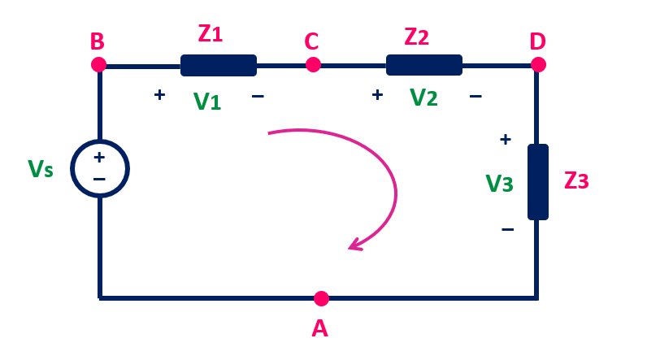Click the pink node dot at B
[x=98, y=64]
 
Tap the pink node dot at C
[x=313, y=64]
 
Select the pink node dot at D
[x=537, y=64]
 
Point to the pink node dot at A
[x=321, y=298]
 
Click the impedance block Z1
[x=218, y=65]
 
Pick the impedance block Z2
[x=423, y=65]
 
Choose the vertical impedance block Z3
[x=537, y=182]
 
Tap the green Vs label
[x=41, y=169]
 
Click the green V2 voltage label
[x=423, y=98]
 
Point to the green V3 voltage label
[x=499, y=184]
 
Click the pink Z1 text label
[x=210, y=34]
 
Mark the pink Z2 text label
[x=416, y=35]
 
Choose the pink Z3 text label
[x=575, y=180]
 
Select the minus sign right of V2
[x=475, y=96]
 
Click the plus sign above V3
[x=505, y=139]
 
